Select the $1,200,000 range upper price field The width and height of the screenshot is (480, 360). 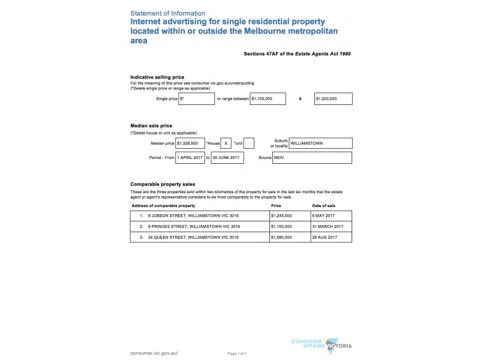tap(333, 98)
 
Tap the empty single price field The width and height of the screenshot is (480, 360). tap(196, 98)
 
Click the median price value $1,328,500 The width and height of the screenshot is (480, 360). tap(190, 143)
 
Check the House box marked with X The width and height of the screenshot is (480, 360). tap(226, 143)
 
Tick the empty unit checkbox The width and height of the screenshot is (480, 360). tap(249, 143)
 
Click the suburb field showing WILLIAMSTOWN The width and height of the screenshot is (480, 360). tap(320, 143)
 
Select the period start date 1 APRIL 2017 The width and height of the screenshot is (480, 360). tap(190, 157)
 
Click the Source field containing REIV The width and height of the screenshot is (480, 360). tap(312, 157)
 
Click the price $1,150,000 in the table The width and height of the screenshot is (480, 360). tap(281, 226)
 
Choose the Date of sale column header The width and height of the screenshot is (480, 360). tap(323, 205)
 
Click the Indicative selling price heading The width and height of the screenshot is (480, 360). tap(157, 77)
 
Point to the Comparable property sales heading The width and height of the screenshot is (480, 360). tap(163, 184)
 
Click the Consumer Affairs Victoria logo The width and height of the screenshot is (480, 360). tap(321, 344)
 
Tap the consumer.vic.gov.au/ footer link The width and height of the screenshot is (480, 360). tap(154, 353)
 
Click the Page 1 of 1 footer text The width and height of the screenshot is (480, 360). tap(237, 353)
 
